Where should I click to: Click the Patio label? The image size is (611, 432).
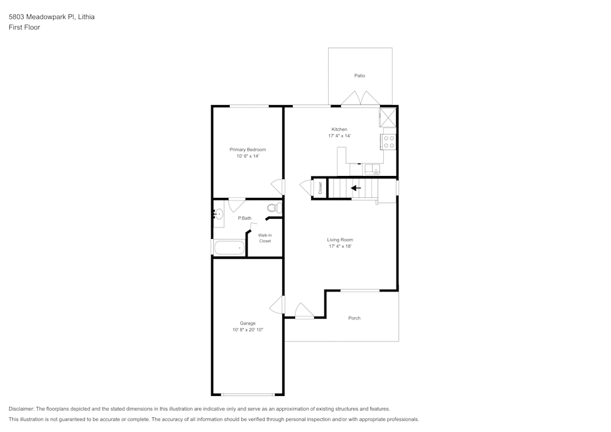coord(359,76)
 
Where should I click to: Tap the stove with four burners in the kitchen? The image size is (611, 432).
coord(389,142)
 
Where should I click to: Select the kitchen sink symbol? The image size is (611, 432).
coord(371,169)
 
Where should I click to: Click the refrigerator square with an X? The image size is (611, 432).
coord(387,116)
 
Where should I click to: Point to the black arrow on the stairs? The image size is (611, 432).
coord(355,188)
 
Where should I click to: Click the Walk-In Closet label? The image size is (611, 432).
coord(265,238)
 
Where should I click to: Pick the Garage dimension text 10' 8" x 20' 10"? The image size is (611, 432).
coord(247,330)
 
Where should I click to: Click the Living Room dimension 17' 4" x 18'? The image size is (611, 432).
coord(340,246)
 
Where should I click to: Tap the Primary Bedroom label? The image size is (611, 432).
coord(247,150)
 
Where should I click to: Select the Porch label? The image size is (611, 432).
coord(354,318)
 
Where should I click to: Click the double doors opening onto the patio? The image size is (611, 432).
coord(360,99)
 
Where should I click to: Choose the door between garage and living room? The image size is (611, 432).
coord(278,305)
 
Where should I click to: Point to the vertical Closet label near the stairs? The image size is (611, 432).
coord(320,188)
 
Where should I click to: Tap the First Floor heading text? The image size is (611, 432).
coord(24,27)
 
